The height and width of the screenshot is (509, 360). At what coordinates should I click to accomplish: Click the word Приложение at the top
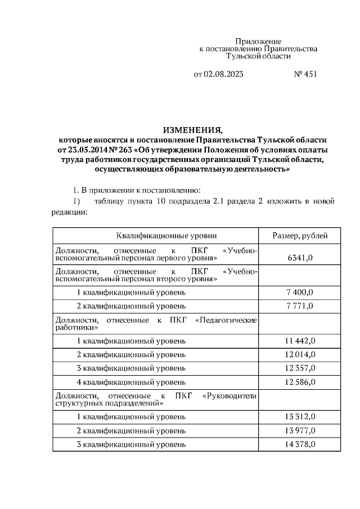pyautogui.click(x=258, y=42)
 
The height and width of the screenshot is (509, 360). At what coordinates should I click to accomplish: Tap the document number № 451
pyautogui.click(x=306, y=74)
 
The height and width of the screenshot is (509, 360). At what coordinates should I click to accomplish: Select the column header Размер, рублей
pyautogui.click(x=300, y=236)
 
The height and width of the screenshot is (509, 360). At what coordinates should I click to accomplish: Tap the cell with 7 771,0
pyautogui.click(x=300, y=305)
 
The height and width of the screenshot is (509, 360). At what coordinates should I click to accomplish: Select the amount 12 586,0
pyautogui.click(x=300, y=382)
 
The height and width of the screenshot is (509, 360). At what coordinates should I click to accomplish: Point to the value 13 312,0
pyautogui.click(x=300, y=416)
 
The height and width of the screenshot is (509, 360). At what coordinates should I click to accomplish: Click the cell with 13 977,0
pyautogui.click(x=300, y=430)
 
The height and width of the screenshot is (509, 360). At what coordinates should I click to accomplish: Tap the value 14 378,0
pyautogui.click(x=300, y=444)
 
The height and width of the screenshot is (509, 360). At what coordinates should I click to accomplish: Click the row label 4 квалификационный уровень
pyautogui.click(x=130, y=382)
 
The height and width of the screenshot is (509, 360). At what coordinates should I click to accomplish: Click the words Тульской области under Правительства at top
pyautogui.click(x=258, y=56)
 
